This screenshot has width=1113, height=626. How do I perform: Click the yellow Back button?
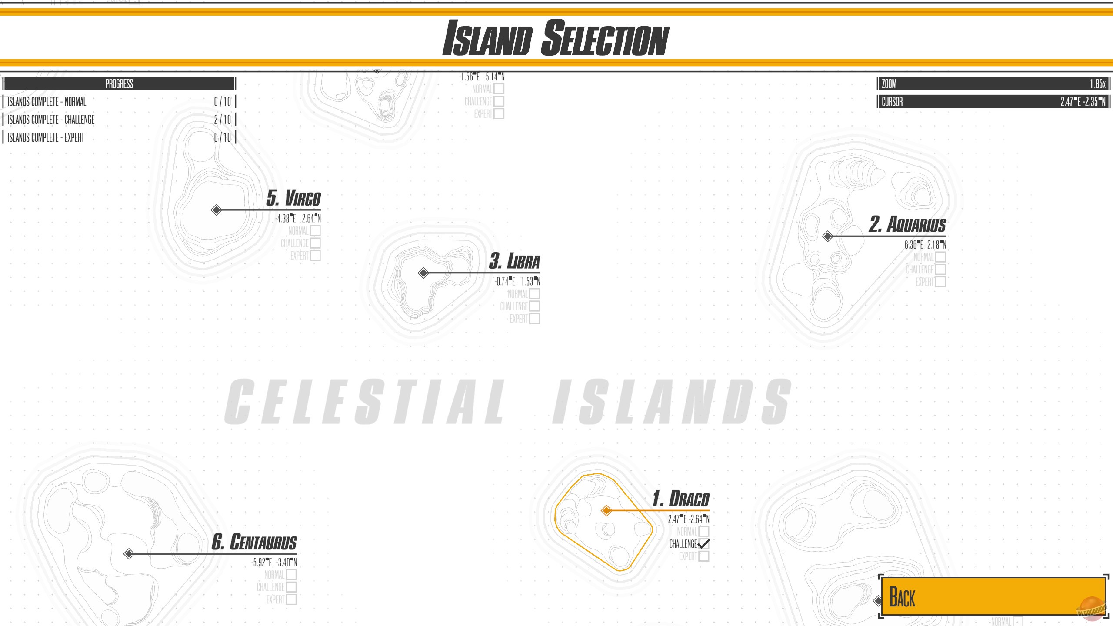pyautogui.click(x=993, y=596)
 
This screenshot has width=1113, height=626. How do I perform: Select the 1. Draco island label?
pyautogui.click(x=681, y=499)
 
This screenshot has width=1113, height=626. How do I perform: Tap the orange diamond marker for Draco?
pyautogui.click(x=606, y=510)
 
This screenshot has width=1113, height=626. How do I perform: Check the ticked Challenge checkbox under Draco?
pyautogui.click(x=704, y=543)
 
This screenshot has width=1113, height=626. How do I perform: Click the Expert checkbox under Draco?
pyautogui.click(x=704, y=556)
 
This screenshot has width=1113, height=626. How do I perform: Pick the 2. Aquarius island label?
pyautogui.click(x=908, y=225)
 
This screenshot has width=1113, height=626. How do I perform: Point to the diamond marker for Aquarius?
pyautogui.click(x=828, y=236)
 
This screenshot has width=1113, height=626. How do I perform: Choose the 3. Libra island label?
pyautogui.click(x=515, y=261)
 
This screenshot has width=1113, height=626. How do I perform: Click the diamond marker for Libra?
pyautogui.click(x=423, y=273)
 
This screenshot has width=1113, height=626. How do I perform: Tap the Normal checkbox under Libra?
pyautogui.click(x=535, y=293)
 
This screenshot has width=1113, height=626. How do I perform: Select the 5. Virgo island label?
pyautogui.click(x=294, y=198)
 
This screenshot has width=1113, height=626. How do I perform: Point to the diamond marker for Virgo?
pyautogui.click(x=216, y=210)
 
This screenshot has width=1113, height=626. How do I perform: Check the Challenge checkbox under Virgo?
pyautogui.click(x=315, y=243)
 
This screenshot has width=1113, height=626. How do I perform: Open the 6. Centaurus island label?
pyautogui.click(x=254, y=542)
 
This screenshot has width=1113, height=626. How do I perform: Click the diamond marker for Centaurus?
pyautogui.click(x=129, y=554)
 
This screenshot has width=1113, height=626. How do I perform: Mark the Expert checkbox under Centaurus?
pyautogui.click(x=291, y=599)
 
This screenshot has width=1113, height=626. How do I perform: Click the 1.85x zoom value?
pyautogui.click(x=1097, y=83)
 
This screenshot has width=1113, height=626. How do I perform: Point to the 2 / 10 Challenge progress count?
pyautogui.click(x=222, y=120)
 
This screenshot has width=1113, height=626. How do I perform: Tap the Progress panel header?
pyautogui.click(x=119, y=83)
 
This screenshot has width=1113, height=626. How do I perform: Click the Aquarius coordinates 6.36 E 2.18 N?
pyautogui.click(x=925, y=245)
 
